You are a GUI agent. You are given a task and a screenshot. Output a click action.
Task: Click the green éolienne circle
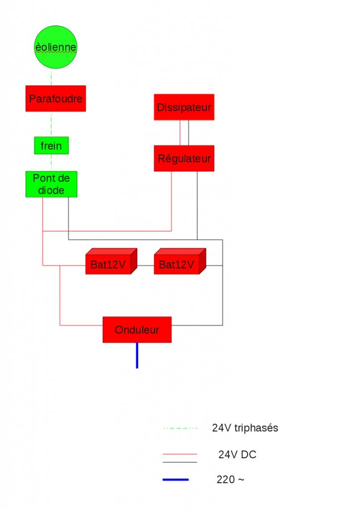(x=56, y=48)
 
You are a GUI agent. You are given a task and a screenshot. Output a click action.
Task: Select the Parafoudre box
(x=55, y=98)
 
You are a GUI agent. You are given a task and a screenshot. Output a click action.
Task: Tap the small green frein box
(x=51, y=146)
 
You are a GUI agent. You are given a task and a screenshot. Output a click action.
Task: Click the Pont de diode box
(x=52, y=184)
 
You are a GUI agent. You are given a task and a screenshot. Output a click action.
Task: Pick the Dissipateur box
(x=184, y=107)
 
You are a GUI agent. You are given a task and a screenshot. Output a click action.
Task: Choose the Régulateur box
(x=184, y=159)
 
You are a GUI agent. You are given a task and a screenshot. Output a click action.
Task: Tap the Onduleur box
(x=137, y=330)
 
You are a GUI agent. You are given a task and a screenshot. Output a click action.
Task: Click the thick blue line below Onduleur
(x=137, y=355)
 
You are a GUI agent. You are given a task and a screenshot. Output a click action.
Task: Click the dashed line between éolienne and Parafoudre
(x=51, y=78)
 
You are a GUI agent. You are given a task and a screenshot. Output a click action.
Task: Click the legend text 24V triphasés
(x=245, y=428)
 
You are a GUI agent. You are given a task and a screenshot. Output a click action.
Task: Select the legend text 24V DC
(x=237, y=454)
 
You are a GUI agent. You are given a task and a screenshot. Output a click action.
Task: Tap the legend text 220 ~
(x=230, y=480)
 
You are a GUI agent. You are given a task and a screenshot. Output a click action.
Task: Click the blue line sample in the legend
(x=176, y=480)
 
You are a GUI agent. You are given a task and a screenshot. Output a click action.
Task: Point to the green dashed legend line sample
(x=180, y=428)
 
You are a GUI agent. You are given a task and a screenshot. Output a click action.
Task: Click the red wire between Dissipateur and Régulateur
(x=180, y=133)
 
